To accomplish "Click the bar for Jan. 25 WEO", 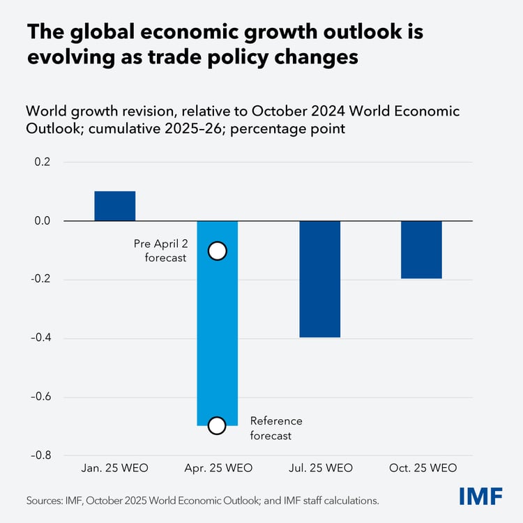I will (114, 206).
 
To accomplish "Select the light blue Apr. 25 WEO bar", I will (217, 328).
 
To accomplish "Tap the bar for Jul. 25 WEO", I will (319, 279).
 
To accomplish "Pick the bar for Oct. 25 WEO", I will (421, 250).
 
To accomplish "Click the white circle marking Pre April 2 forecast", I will (217, 251).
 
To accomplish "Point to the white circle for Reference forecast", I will (217, 425).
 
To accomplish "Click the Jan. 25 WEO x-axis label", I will (114, 467).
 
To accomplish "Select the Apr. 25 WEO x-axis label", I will (217, 467).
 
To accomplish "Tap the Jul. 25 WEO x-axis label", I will (319, 467).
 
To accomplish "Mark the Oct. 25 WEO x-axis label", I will (421, 467).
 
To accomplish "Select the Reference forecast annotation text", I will (276, 428).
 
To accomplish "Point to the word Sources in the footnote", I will (43, 500).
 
